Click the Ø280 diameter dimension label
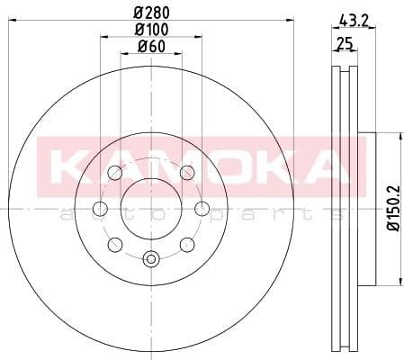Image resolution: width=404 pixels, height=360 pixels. click(x=150, y=13)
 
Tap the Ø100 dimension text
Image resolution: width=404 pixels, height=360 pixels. click(x=150, y=30)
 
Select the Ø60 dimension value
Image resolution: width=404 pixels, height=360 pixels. click(x=150, y=47)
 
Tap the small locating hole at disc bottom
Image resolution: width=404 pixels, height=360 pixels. click(x=150, y=262)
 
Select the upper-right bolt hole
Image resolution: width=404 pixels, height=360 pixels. click(x=187, y=174)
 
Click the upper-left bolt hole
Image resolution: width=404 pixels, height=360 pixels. click(x=114, y=174)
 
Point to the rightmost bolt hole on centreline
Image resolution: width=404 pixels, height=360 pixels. click(x=202, y=208)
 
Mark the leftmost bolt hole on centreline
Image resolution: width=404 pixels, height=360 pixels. click(x=100, y=208)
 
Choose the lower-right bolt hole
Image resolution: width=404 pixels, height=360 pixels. click(x=187, y=244)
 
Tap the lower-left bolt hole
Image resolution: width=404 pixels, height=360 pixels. click(x=114, y=244)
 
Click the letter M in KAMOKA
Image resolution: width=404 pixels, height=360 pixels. click(x=143, y=165)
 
